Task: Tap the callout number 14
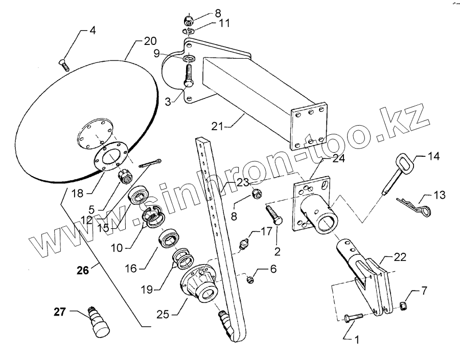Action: pos(433,156)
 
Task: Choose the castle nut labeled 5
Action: pos(125,177)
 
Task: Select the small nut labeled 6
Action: pos(250,278)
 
